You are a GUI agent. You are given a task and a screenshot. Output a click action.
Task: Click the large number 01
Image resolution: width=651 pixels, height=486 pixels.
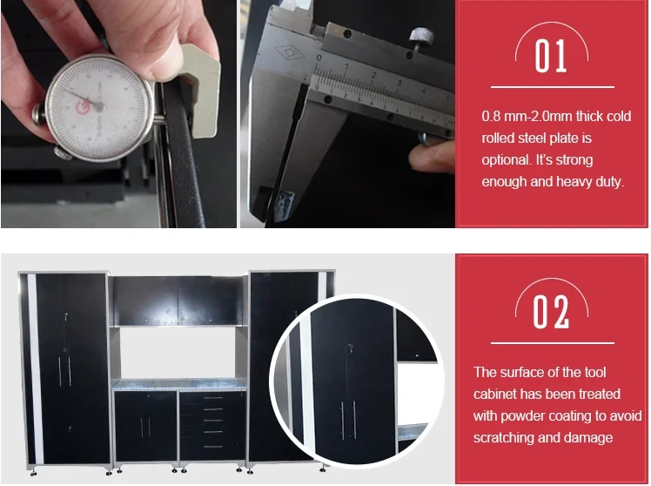point(551,56)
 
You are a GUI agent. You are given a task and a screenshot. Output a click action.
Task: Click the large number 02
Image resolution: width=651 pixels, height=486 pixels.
point(551,312)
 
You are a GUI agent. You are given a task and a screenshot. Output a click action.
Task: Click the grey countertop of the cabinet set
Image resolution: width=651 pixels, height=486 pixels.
point(179,385)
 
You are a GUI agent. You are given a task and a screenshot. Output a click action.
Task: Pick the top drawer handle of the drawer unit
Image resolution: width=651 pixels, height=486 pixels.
point(213,398)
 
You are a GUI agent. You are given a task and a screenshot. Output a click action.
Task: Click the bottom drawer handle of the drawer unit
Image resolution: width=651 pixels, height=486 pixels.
point(213,447)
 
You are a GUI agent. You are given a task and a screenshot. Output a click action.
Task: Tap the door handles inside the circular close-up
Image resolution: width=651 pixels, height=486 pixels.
point(348,420)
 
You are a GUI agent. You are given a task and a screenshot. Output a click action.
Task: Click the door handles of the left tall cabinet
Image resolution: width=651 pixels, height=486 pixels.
point(64,371)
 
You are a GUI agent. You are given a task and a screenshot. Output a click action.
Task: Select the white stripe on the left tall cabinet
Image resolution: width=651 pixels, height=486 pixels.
point(36,368)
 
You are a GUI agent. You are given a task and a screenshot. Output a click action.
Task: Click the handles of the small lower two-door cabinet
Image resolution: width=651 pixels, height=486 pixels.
point(145,427)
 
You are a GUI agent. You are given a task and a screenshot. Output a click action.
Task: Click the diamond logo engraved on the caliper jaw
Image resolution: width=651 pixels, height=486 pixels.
point(289,52)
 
